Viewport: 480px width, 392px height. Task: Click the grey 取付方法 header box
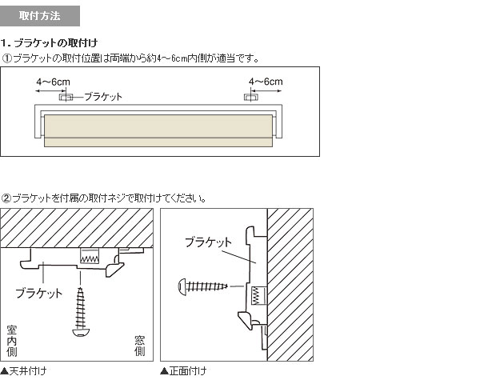pos(40,16)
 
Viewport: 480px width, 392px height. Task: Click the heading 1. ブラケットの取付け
pos(49,43)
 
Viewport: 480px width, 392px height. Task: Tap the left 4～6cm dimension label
pos(54,82)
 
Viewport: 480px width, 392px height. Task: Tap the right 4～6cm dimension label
pos(266,82)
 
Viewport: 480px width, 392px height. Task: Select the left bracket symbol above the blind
pos(66,98)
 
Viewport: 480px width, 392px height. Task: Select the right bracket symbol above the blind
pos(251,98)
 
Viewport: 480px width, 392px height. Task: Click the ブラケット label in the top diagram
pos(103,97)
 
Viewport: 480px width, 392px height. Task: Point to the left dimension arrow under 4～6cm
pos(51,91)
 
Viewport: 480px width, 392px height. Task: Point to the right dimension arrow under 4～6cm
pos(266,91)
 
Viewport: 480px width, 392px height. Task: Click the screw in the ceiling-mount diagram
pos(81,311)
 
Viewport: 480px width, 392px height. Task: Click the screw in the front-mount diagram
pos(203,286)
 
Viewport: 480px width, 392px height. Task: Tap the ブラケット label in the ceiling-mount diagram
pos(39,293)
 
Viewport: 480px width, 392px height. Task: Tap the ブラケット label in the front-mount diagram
pos(209,242)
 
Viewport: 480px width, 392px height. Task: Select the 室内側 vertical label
pos(12,341)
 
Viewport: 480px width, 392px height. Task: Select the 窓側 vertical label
pos(139,346)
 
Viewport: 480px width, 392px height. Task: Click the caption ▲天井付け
pos(23,371)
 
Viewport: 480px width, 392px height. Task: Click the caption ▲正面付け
pos(183,371)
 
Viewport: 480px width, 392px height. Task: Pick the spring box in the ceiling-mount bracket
pos(90,257)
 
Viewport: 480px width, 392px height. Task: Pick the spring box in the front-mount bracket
pos(259,296)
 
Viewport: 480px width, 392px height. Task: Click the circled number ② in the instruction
pos(6,198)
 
